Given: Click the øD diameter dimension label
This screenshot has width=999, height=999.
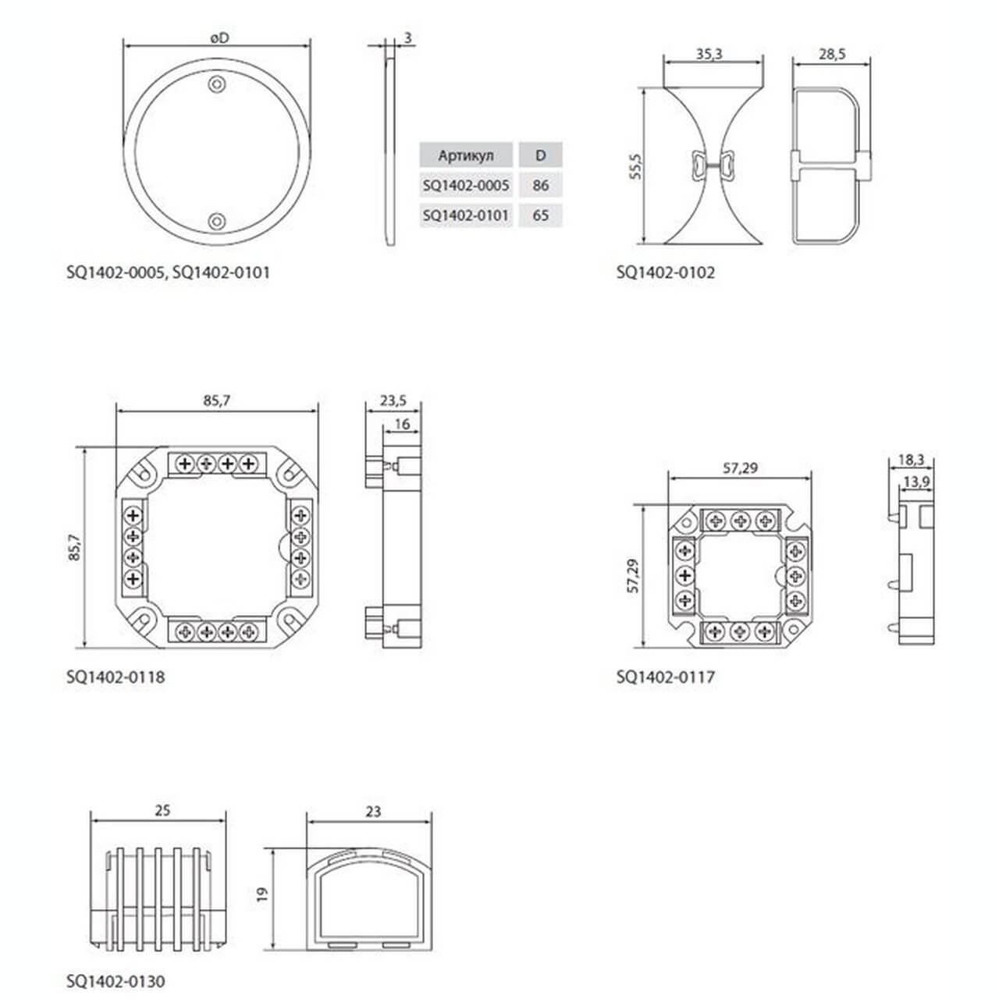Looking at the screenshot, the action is (220, 37).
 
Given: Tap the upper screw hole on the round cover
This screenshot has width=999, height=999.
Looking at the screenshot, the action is (217, 84).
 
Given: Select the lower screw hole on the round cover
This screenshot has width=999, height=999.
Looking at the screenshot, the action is (217, 222).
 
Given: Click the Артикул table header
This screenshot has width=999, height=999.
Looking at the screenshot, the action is (465, 155).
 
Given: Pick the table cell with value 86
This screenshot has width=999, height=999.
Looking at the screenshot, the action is (540, 185).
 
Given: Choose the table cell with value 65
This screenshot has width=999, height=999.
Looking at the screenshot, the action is (540, 215).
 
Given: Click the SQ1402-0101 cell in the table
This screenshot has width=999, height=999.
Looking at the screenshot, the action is (465, 215).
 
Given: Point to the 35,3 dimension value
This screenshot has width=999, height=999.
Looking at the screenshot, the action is (709, 54).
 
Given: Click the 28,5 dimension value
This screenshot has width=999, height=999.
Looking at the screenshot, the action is (831, 54).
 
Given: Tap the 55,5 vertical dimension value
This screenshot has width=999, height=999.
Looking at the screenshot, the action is (635, 166).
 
